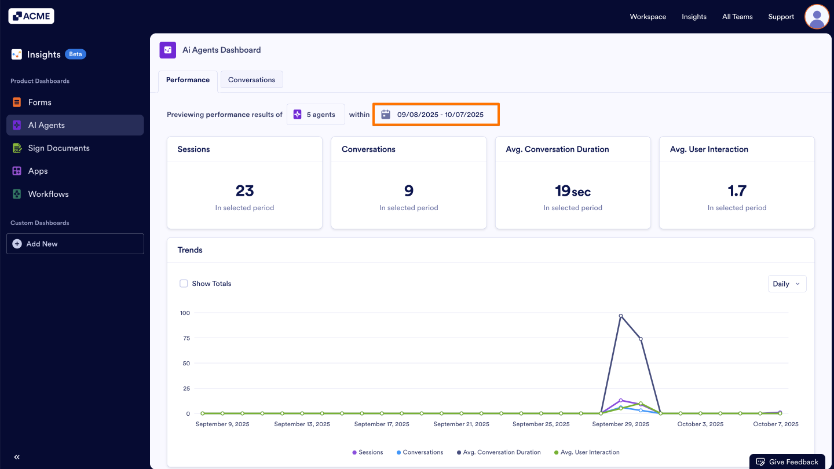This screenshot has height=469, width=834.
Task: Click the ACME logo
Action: (x=31, y=16)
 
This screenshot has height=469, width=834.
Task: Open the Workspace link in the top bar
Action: (x=648, y=17)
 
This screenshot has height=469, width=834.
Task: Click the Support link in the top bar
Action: (x=781, y=17)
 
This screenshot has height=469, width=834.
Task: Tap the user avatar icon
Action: (x=817, y=17)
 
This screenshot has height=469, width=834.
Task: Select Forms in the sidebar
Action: (x=40, y=102)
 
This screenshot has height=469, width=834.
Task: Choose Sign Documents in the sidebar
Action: (x=58, y=148)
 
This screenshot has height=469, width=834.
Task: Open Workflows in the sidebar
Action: (x=48, y=194)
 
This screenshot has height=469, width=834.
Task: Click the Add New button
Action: (x=75, y=244)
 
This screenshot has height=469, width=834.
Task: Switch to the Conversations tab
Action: (x=251, y=80)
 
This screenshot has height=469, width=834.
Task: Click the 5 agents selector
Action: (x=316, y=115)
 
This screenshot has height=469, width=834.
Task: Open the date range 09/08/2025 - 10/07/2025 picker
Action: (x=436, y=115)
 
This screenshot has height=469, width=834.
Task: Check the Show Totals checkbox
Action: (x=184, y=284)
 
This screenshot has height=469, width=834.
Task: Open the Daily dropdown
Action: (x=787, y=284)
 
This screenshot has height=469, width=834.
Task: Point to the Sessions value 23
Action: (x=244, y=190)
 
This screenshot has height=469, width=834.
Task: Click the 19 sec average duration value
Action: (x=572, y=190)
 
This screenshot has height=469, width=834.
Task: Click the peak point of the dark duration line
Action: (x=621, y=316)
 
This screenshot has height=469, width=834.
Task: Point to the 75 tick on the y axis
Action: (x=186, y=338)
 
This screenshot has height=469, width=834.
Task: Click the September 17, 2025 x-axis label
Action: (x=382, y=424)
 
